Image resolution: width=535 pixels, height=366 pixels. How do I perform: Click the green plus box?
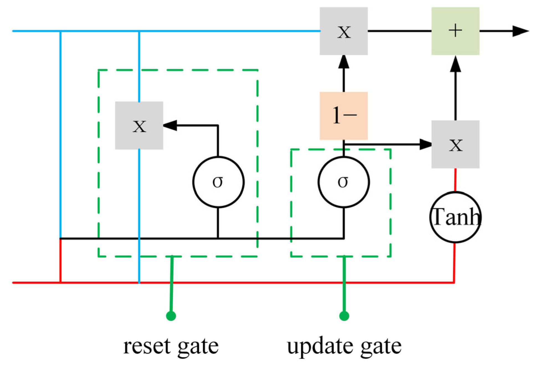(x=455, y=31)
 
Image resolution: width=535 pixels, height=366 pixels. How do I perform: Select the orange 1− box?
(x=343, y=116)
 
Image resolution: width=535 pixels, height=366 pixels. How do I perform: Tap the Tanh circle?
(x=455, y=217)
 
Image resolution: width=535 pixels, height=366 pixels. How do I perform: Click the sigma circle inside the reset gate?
(x=218, y=182)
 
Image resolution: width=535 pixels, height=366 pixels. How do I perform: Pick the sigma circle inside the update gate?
(x=343, y=182)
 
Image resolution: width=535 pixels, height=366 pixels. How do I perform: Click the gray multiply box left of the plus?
(x=343, y=31)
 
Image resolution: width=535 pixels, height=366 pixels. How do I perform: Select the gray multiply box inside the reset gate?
(x=139, y=126)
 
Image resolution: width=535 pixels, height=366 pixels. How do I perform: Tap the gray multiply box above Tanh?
(x=455, y=144)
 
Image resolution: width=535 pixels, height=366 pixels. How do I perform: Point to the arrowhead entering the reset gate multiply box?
(x=170, y=126)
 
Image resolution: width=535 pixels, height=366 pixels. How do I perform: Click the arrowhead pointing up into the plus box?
(x=455, y=64)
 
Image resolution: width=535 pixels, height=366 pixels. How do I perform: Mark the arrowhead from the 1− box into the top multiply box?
(x=343, y=62)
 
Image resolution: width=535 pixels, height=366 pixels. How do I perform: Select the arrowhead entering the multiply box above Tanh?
(x=426, y=144)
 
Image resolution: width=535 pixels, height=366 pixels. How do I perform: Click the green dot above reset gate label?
(x=171, y=316)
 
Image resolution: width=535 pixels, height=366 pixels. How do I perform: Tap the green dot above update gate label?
(x=344, y=316)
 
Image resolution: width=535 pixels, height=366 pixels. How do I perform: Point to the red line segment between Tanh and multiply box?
(x=455, y=180)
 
